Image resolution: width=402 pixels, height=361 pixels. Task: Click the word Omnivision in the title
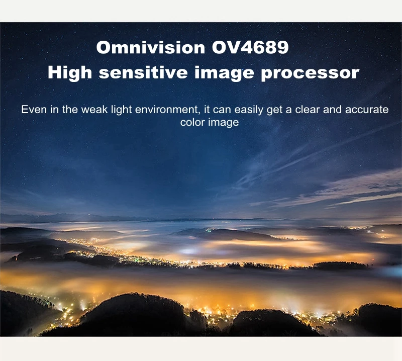(150, 47)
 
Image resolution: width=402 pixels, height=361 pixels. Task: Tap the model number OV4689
(250, 47)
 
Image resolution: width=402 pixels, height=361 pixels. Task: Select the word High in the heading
(70, 72)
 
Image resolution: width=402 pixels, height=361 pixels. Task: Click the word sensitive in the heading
(143, 72)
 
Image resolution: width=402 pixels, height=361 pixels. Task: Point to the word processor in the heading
(310, 73)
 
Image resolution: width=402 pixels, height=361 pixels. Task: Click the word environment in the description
(167, 110)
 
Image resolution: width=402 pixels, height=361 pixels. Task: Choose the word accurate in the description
(367, 110)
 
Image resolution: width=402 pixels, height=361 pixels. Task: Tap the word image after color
(223, 123)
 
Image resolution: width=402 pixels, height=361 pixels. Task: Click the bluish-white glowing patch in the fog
(189, 251)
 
